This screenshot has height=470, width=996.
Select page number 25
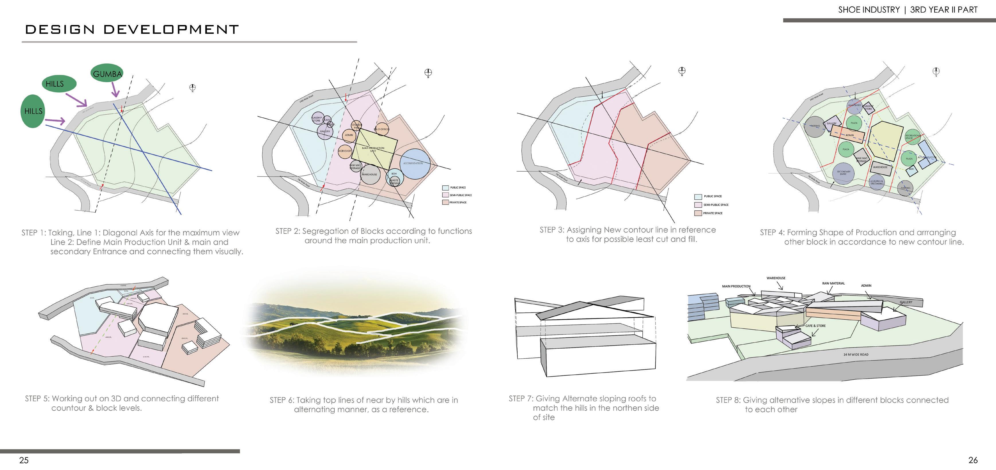pos(24,460)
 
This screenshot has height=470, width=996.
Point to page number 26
pos(973,460)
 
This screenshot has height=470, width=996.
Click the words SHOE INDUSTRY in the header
pos(869,10)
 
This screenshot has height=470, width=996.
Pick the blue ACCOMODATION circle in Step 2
pos(414,164)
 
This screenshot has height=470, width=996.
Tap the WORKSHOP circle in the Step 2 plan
pos(344,151)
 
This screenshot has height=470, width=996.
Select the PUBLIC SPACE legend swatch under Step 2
pos(445,188)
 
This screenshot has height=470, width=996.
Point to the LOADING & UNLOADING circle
pos(876,182)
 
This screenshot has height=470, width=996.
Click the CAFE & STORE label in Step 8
pos(815,326)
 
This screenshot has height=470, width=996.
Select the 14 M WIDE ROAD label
pos(856,354)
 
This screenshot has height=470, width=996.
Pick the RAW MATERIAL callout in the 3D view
pos(833,283)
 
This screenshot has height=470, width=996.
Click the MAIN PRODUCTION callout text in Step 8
pos(736,286)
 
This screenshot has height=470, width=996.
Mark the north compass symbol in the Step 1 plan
pos(192,88)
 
